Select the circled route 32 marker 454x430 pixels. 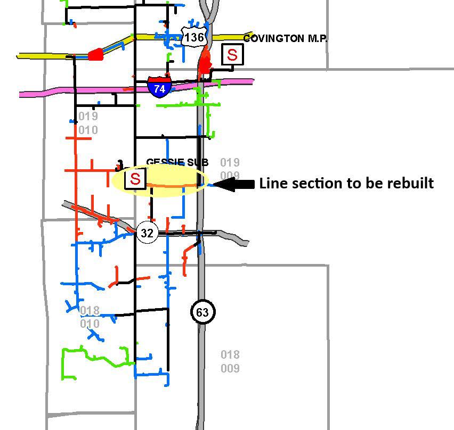pos(148,233)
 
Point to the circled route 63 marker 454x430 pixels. pos(202,312)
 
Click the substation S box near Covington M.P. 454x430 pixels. pos(232,54)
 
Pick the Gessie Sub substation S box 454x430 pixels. pos(135,179)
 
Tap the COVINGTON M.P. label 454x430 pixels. pos(285,39)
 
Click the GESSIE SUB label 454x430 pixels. pos(177,162)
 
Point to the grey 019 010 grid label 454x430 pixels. pos(88,123)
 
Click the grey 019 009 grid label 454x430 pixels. pos(230,169)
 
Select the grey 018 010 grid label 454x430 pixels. pos(90,317)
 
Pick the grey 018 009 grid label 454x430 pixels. pos(230,361)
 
